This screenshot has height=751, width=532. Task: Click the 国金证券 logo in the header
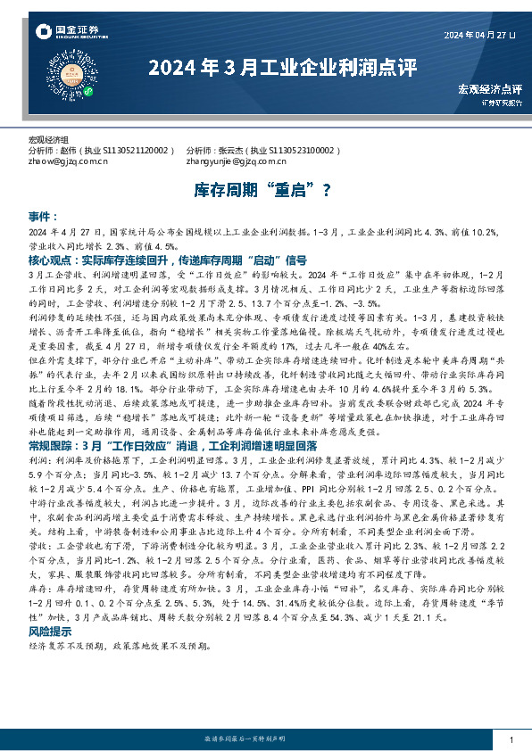pos(68,32)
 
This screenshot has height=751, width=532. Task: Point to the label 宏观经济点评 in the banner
pos(489,89)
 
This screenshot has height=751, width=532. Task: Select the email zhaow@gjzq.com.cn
pos(68,161)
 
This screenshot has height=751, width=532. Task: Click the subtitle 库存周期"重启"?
pos(265,190)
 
